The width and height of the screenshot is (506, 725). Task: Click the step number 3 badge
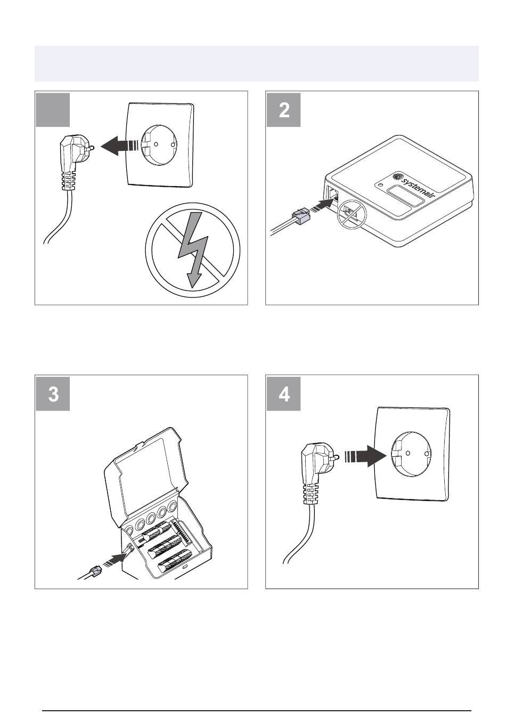click(53, 394)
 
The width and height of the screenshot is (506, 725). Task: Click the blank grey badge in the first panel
click(53, 110)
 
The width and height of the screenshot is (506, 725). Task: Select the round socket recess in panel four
click(413, 452)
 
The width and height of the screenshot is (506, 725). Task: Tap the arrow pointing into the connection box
click(117, 559)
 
